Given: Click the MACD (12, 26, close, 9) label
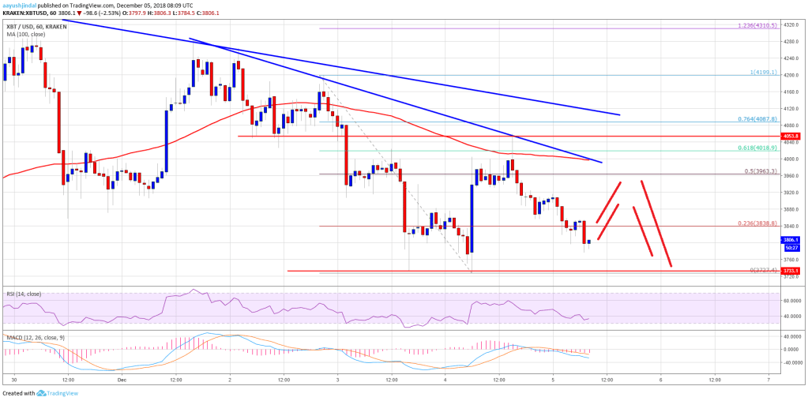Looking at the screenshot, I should (x=32, y=338).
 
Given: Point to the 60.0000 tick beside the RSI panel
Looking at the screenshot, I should (x=789, y=301).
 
